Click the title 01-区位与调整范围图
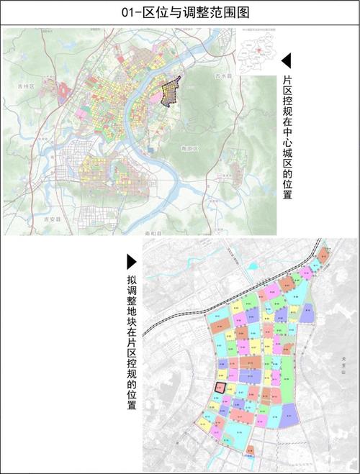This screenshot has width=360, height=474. [x=179, y=12]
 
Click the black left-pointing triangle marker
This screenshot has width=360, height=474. [x=286, y=60]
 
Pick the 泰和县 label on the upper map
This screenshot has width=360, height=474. [x=154, y=234]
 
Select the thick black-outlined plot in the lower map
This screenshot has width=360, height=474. [x=219, y=388]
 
